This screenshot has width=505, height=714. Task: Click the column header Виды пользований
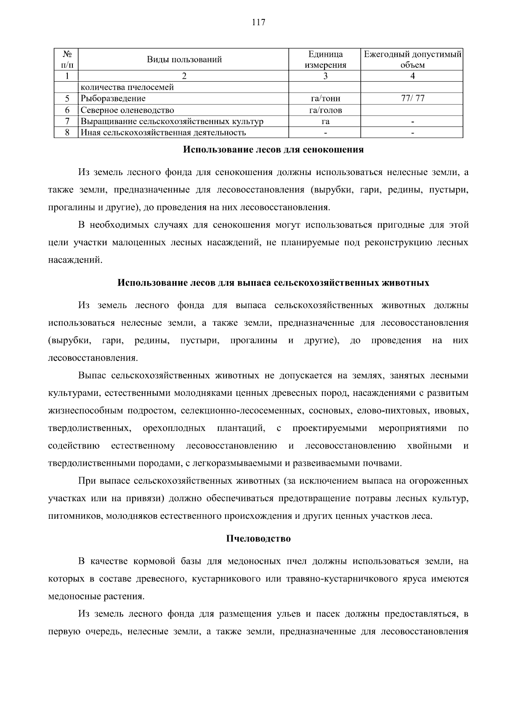184,59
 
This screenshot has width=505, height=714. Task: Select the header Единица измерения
325,59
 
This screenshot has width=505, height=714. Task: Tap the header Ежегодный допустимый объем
412,59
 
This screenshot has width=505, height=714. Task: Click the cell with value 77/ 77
412,98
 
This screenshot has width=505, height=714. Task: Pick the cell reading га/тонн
325,98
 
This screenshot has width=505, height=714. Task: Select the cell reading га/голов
325,110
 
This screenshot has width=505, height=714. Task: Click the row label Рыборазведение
113,98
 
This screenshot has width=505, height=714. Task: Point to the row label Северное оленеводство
127,110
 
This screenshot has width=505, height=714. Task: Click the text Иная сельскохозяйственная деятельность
163,133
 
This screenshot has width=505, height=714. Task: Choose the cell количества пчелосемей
127,87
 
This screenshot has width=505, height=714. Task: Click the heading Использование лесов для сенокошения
273,149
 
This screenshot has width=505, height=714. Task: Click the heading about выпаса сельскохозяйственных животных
273,283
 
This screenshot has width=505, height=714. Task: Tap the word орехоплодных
174,428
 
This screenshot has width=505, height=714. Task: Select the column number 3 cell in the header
325,76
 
